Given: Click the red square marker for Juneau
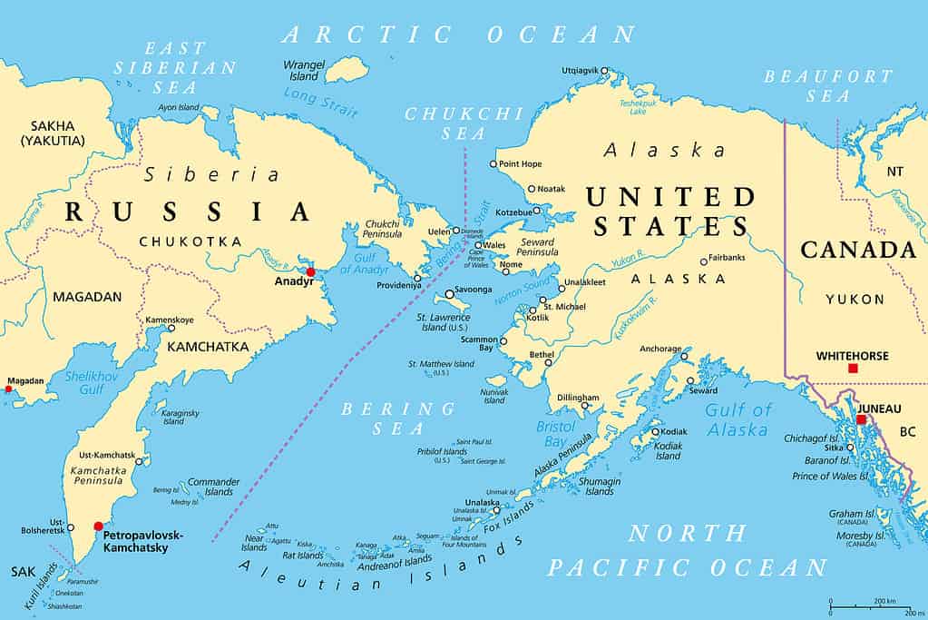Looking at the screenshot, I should point(861,419).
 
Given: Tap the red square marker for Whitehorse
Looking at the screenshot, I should point(852,368).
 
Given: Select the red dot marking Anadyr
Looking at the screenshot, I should point(310,271).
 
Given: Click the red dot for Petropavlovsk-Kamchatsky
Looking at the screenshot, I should point(98,526).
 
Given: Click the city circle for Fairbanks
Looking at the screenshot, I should point(703,261).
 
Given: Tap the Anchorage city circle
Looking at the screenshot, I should point(685,357).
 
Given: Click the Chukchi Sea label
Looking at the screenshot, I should point(464,123).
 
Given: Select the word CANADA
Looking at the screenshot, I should point(857,250).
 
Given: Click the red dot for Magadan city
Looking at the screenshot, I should point(8,389).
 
